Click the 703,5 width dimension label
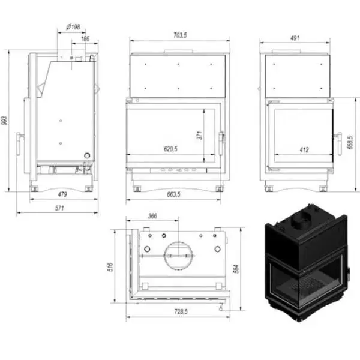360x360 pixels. click(180, 35)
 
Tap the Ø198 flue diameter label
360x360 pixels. click(73, 27)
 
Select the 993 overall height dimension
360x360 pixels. click(4, 121)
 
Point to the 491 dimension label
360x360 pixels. click(295, 38)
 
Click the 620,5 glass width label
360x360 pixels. click(170, 149)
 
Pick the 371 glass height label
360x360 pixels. click(199, 136)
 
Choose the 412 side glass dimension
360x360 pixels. click(304, 149)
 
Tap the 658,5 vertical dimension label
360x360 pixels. click(350, 142)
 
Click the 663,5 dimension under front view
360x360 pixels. click(173, 194)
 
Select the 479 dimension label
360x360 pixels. click(62, 194)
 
